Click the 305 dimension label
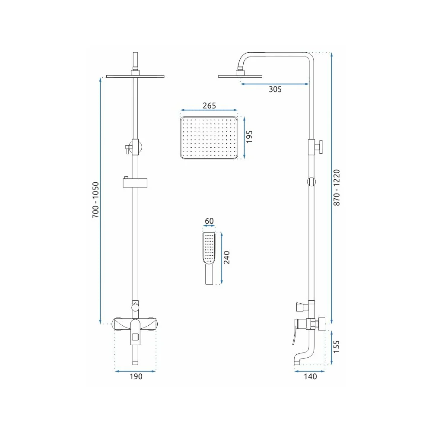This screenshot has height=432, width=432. tap(275, 89)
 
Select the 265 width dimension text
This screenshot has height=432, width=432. tap(209, 105)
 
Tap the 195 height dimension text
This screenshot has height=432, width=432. tap(249, 137)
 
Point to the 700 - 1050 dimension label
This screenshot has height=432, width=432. tap(95, 200)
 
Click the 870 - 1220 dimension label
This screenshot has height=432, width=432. tap(337, 187)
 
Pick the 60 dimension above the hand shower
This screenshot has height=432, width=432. tap(209, 221)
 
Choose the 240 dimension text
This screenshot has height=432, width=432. tap(226, 257)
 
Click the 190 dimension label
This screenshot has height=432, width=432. tap(136, 376)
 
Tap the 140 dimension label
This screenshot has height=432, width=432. tap(310, 376)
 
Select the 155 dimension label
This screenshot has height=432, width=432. tap(336, 347)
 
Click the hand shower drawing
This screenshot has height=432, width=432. tap(209, 258)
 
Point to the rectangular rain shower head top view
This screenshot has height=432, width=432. tap(209, 138)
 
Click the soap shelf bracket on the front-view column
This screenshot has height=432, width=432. tap(135, 183)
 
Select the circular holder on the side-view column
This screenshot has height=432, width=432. tap(311, 181)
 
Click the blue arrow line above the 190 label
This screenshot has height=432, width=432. tap(135, 371)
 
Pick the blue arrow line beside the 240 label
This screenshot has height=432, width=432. tap(222, 258)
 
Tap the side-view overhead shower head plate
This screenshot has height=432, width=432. tap(240, 76)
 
